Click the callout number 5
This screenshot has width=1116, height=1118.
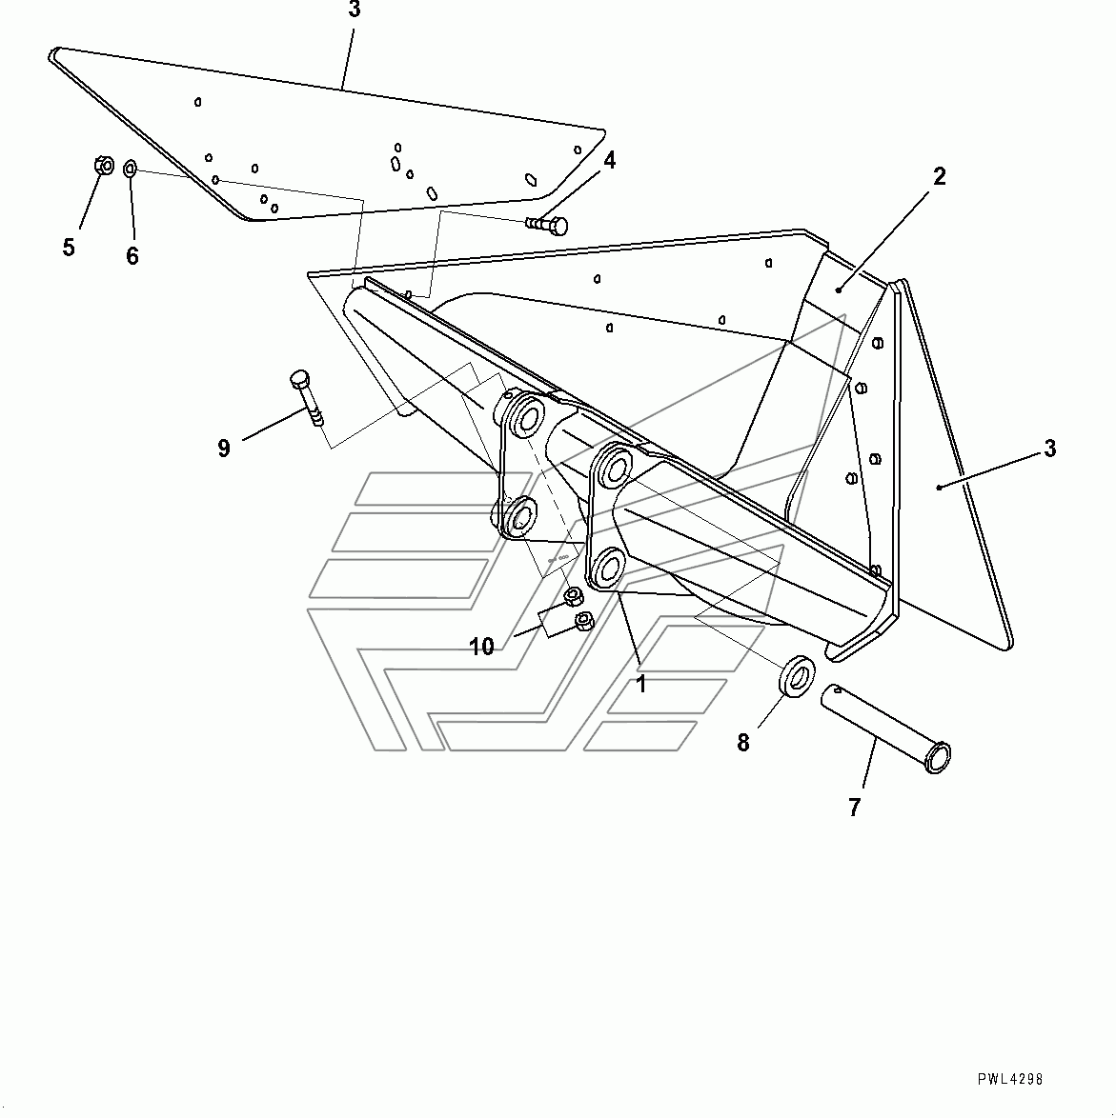point(69,248)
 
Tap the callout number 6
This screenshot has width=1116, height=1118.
point(132,255)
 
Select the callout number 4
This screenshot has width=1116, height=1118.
point(609,160)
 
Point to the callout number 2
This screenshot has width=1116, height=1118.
point(939,176)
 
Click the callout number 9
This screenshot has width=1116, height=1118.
point(224,448)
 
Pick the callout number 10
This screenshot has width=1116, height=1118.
point(481,647)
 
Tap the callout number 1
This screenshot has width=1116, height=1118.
point(641,684)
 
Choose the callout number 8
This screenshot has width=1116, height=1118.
point(743,743)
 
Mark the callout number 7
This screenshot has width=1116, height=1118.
point(855,808)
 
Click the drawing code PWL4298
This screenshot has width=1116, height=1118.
point(1009,1079)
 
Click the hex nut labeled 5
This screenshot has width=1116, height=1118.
point(104,166)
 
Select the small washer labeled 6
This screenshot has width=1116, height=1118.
point(130,169)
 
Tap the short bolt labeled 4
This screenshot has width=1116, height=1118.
point(547,226)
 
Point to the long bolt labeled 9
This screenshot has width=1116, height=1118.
point(307,397)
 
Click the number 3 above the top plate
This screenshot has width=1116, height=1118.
point(355,10)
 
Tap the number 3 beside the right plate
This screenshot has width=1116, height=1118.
point(1049,449)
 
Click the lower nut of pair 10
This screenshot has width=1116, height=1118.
point(583,621)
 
